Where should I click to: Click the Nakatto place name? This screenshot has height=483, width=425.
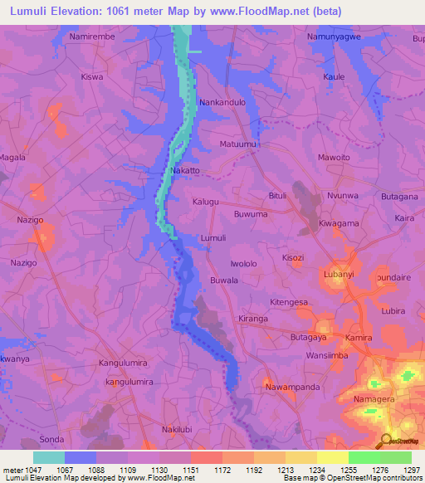click(x=185, y=170)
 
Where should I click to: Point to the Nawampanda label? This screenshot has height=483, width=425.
click(x=291, y=387)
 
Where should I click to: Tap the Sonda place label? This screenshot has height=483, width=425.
click(x=51, y=439)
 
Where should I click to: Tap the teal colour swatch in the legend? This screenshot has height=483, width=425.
click(x=49, y=456)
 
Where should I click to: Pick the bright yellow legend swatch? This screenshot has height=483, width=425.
click(x=333, y=456)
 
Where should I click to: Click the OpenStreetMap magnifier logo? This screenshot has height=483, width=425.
click(x=386, y=440)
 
